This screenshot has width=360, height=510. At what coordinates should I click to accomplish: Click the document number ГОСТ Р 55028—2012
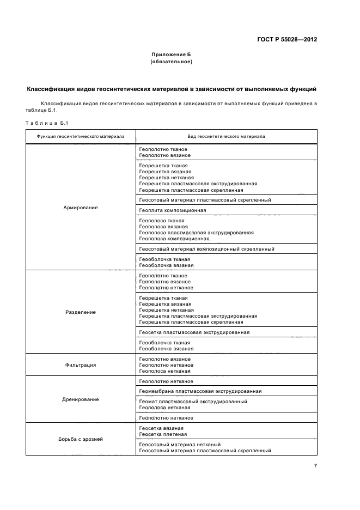click(x=286, y=40)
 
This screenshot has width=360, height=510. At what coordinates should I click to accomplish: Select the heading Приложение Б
click(x=171, y=55)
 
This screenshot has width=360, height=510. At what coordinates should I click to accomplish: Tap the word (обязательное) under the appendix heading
click(x=171, y=62)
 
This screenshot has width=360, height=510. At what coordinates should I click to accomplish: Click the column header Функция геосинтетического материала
click(x=81, y=136)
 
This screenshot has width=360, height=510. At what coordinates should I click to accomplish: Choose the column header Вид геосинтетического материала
click(x=225, y=136)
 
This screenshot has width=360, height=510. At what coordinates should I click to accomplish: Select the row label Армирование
click(x=81, y=208)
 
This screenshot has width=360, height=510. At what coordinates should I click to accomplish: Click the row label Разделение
click(x=81, y=312)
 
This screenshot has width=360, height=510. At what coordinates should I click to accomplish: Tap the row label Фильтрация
click(x=81, y=365)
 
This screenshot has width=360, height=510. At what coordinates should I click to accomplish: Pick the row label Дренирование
click(x=81, y=399)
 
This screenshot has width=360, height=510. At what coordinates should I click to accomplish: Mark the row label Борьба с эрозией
click(x=81, y=439)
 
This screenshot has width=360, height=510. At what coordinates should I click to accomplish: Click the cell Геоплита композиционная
click(x=173, y=210)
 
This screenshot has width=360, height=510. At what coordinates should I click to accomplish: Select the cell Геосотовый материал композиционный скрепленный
click(x=206, y=249)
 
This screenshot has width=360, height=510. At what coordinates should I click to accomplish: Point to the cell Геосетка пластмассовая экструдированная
click(x=194, y=332)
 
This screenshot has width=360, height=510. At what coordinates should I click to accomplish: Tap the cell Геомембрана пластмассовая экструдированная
click(x=200, y=391)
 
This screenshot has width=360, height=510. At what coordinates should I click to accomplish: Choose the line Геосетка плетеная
click(x=163, y=434)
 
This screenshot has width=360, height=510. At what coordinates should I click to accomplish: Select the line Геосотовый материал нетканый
click(x=180, y=445)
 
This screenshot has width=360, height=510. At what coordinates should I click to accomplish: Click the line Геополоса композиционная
click(x=174, y=239)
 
